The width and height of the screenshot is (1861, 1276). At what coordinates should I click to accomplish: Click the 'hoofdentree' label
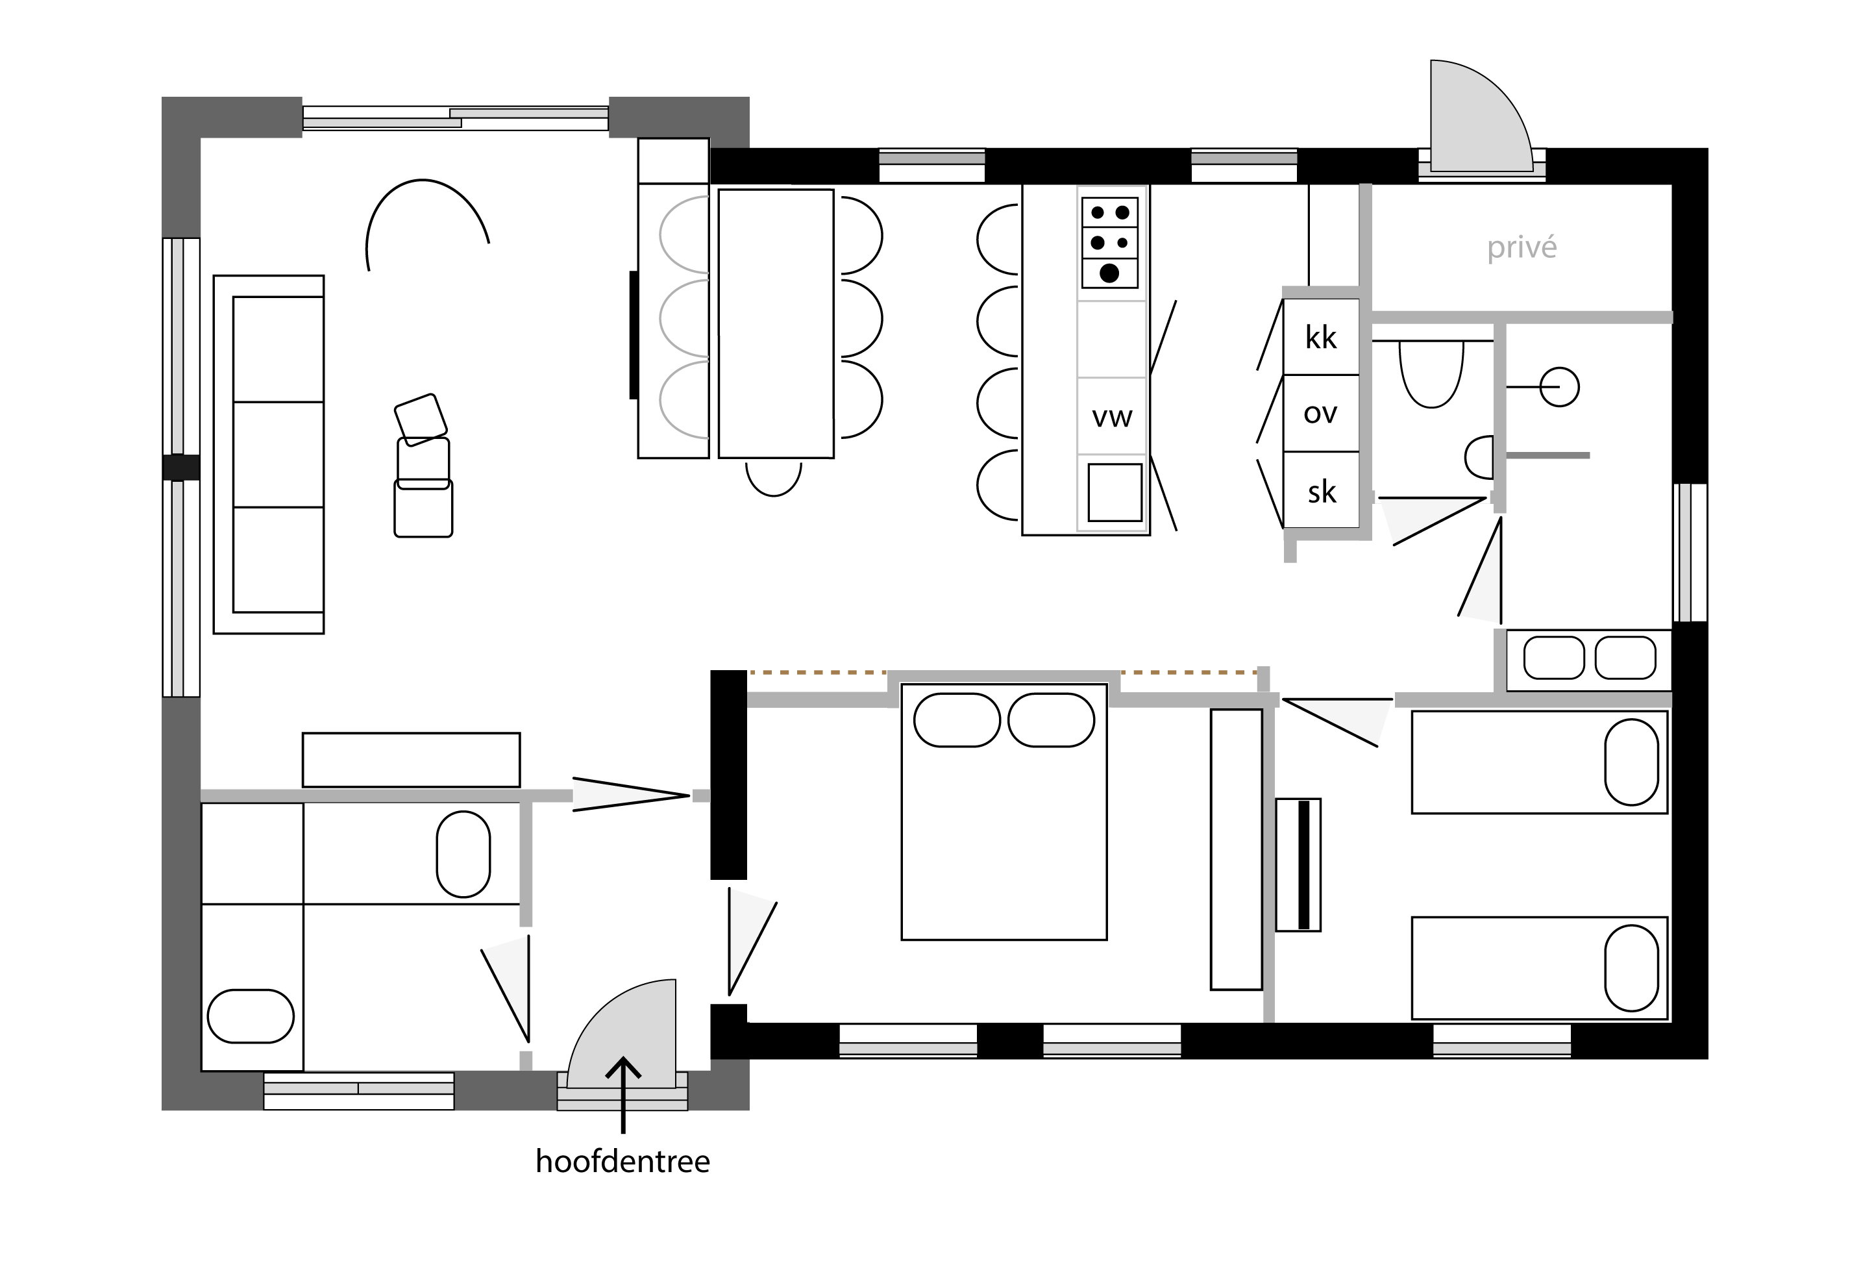click(x=622, y=1162)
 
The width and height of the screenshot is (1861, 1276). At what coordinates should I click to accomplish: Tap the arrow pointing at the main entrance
click(x=623, y=1095)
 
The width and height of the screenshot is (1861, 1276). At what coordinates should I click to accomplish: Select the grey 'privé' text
click(x=1522, y=247)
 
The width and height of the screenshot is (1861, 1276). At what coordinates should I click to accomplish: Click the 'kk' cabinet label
click(x=1320, y=337)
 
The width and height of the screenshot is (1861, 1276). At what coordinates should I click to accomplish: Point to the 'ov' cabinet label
click(x=1320, y=413)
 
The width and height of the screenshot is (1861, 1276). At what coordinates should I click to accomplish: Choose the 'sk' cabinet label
click(x=1322, y=491)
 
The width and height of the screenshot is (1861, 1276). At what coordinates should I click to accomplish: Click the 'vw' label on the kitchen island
click(x=1113, y=416)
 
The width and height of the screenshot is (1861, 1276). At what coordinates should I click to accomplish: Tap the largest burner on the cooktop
click(x=1109, y=273)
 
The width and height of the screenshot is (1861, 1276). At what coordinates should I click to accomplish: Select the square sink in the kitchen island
click(x=1115, y=492)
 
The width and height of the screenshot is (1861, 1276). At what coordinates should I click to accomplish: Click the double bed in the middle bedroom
click(x=1004, y=812)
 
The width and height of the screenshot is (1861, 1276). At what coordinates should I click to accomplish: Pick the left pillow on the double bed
click(x=957, y=720)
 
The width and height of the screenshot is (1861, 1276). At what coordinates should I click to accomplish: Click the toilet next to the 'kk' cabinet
click(x=1432, y=373)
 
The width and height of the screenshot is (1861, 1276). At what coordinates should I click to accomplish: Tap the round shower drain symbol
click(x=1559, y=387)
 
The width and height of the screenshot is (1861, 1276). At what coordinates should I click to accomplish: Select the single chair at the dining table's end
click(x=774, y=478)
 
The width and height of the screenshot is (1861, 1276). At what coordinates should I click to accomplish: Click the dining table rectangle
click(x=776, y=323)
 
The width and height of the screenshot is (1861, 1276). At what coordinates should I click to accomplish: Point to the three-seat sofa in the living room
click(x=269, y=454)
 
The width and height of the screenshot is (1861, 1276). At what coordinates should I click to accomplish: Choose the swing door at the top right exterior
click(x=1481, y=117)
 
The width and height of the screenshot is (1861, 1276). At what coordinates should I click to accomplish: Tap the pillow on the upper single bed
click(x=1631, y=762)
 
